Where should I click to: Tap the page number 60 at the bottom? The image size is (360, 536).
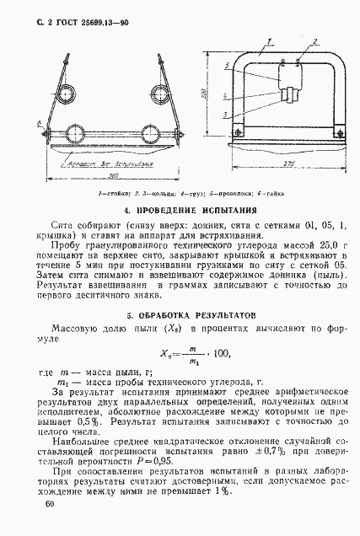pos(48,504)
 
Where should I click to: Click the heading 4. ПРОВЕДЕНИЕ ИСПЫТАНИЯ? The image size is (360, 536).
pos(180,209)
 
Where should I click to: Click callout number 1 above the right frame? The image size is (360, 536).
pos(269,40)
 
